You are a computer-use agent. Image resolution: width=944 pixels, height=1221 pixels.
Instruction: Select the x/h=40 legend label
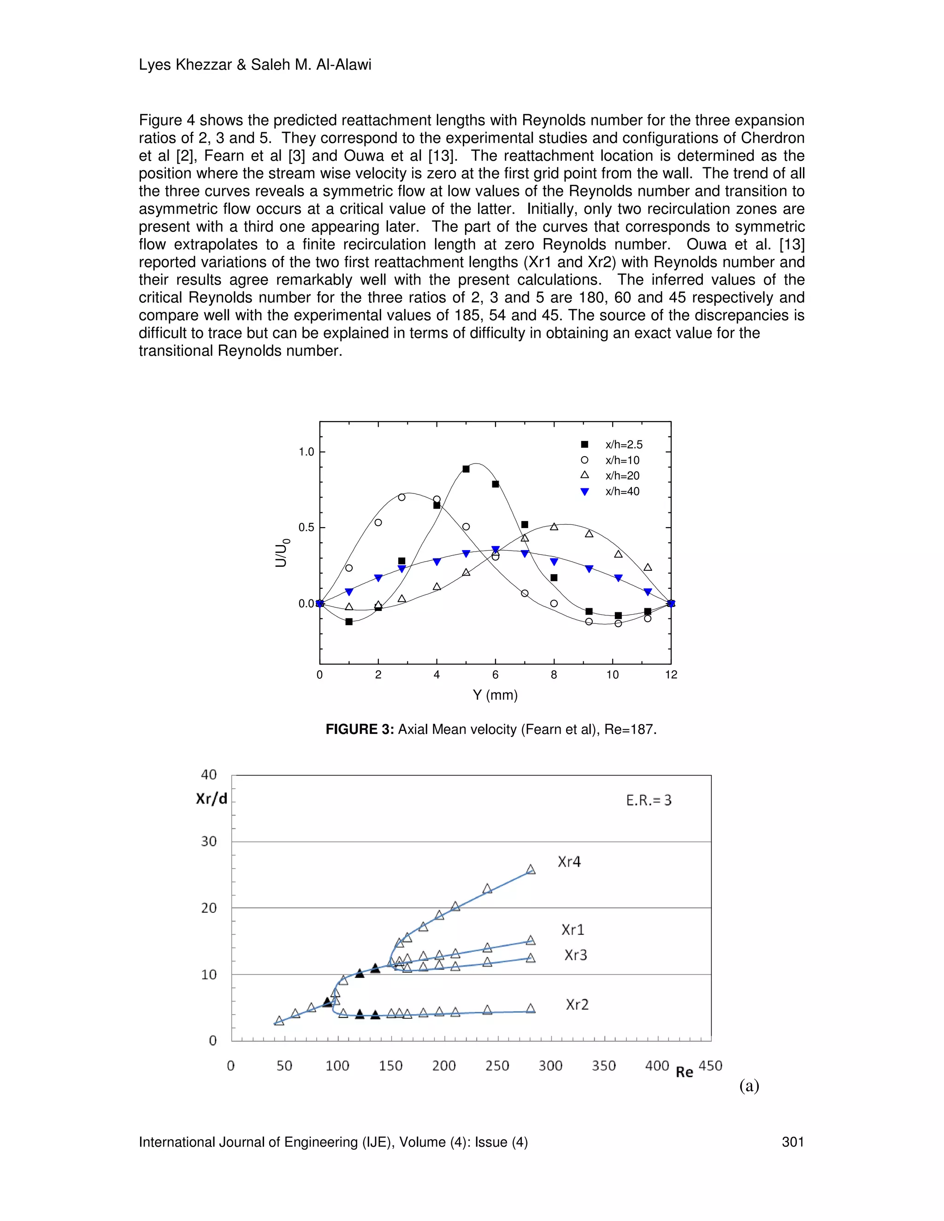[x=622, y=492]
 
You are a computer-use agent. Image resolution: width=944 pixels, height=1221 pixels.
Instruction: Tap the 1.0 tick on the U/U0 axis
[x=307, y=452]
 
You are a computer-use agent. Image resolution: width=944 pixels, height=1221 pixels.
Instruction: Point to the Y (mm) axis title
[x=495, y=695]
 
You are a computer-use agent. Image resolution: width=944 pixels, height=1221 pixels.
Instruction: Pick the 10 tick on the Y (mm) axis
[x=613, y=675]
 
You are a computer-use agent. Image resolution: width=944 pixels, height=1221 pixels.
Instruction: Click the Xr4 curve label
[x=569, y=862]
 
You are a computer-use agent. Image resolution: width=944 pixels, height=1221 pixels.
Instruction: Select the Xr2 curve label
[x=577, y=1004]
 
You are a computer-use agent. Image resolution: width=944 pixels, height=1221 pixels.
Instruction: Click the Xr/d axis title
[x=212, y=798]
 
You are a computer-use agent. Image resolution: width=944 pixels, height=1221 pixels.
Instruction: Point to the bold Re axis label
[x=684, y=1072]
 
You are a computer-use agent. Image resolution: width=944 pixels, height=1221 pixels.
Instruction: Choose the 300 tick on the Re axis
[x=550, y=1066]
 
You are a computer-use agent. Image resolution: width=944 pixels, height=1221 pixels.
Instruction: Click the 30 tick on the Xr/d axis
[x=209, y=841]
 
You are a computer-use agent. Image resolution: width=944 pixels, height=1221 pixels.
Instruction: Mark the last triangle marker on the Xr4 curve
[x=531, y=869]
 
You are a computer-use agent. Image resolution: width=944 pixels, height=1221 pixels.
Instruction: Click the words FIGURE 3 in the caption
[x=360, y=729]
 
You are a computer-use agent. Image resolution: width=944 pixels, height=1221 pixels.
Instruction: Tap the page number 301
[x=792, y=1142]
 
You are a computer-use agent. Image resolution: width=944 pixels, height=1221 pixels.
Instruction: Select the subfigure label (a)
[x=749, y=1086]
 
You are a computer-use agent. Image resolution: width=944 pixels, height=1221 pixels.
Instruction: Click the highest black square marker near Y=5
[x=466, y=469]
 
